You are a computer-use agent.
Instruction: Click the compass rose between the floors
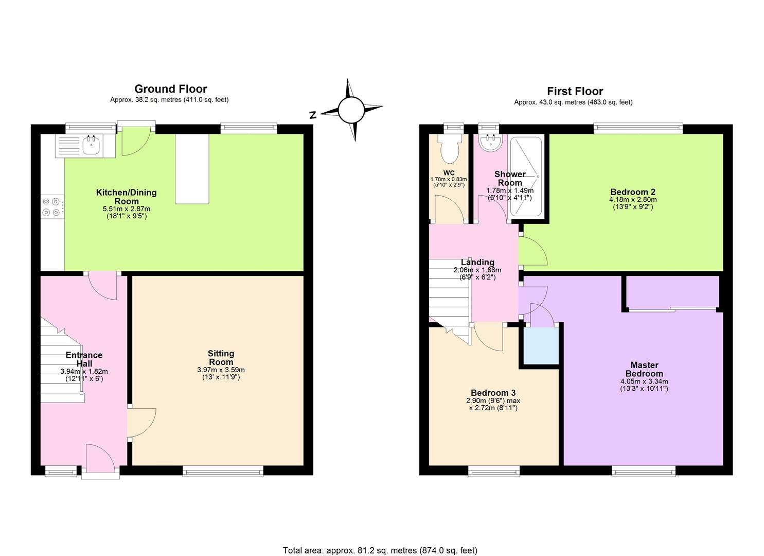[x=350, y=110]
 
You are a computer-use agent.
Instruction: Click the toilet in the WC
[x=449, y=149]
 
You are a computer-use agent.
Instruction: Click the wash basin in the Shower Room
[x=490, y=143]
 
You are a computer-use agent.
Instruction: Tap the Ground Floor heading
[x=170, y=89]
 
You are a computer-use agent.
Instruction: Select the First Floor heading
[x=574, y=92]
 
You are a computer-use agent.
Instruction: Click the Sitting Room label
[x=221, y=358]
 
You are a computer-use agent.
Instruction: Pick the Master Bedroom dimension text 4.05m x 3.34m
[x=644, y=381]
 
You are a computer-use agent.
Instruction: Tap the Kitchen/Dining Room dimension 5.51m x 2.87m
[x=127, y=209]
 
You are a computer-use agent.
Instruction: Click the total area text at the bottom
[x=380, y=550]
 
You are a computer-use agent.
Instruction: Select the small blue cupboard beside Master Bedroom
[x=541, y=346]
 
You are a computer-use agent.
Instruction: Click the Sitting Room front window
[x=223, y=470]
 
